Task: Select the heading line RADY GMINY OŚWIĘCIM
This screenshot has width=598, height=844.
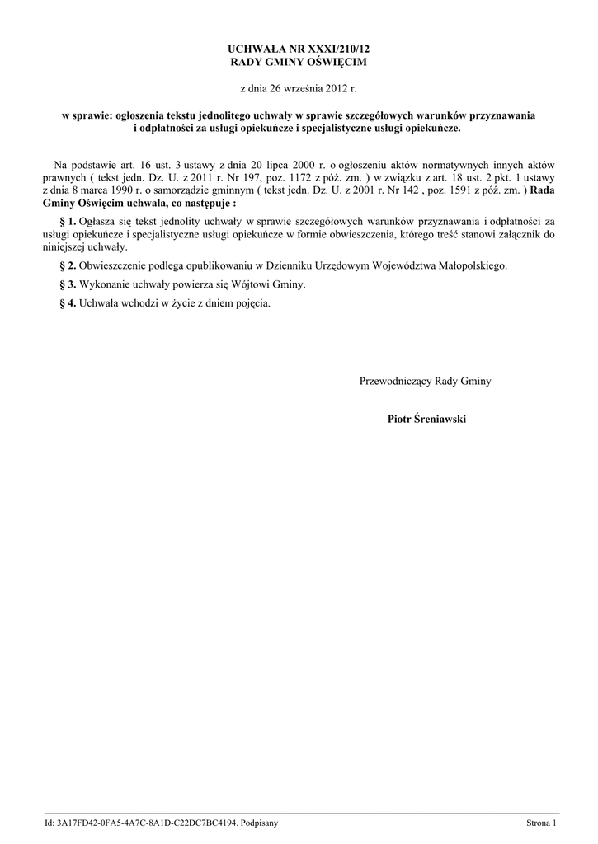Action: pos(299,62)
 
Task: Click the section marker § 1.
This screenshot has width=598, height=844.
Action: pos(68,221)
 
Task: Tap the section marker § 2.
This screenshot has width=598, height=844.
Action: pos(68,265)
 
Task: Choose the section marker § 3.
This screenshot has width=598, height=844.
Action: pos(68,284)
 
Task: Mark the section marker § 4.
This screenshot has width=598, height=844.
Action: pos(68,302)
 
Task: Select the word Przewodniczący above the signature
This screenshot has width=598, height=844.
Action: pos(395,381)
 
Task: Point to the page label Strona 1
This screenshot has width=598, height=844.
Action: pos(542,823)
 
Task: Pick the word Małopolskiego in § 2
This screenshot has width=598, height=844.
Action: pos(469,265)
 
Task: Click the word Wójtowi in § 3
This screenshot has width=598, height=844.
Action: pos(256,284)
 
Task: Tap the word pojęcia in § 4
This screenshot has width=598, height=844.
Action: pos(250,302)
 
